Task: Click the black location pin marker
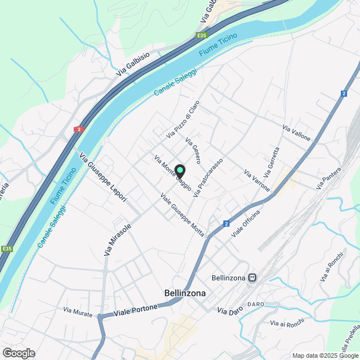[179, 170]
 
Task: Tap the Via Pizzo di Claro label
[183, 119]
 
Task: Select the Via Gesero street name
[193, 151]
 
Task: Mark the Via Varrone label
[257, 179]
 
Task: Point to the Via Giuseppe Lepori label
[103, 177]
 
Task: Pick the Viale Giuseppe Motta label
[182, 214]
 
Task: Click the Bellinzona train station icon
[253, 278]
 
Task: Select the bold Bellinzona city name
[185, 293]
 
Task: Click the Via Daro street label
[229, 312]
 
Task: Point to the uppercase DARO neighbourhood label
[255, 304]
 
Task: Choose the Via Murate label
[78, 310]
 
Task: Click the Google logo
[18, 353]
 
